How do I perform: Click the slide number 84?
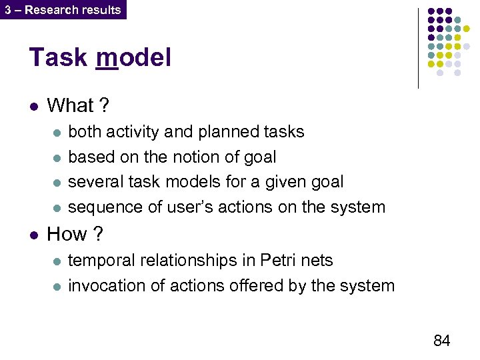(x=441, y=341)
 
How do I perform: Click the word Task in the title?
(x=59, y=58)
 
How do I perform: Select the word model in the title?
(x=133, y=58)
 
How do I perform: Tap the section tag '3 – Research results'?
(x=63, y=9)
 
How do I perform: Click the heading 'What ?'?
(x=79, y=105)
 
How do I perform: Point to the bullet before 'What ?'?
(x=33, y=106)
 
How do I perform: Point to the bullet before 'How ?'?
(x=33, y=235)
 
